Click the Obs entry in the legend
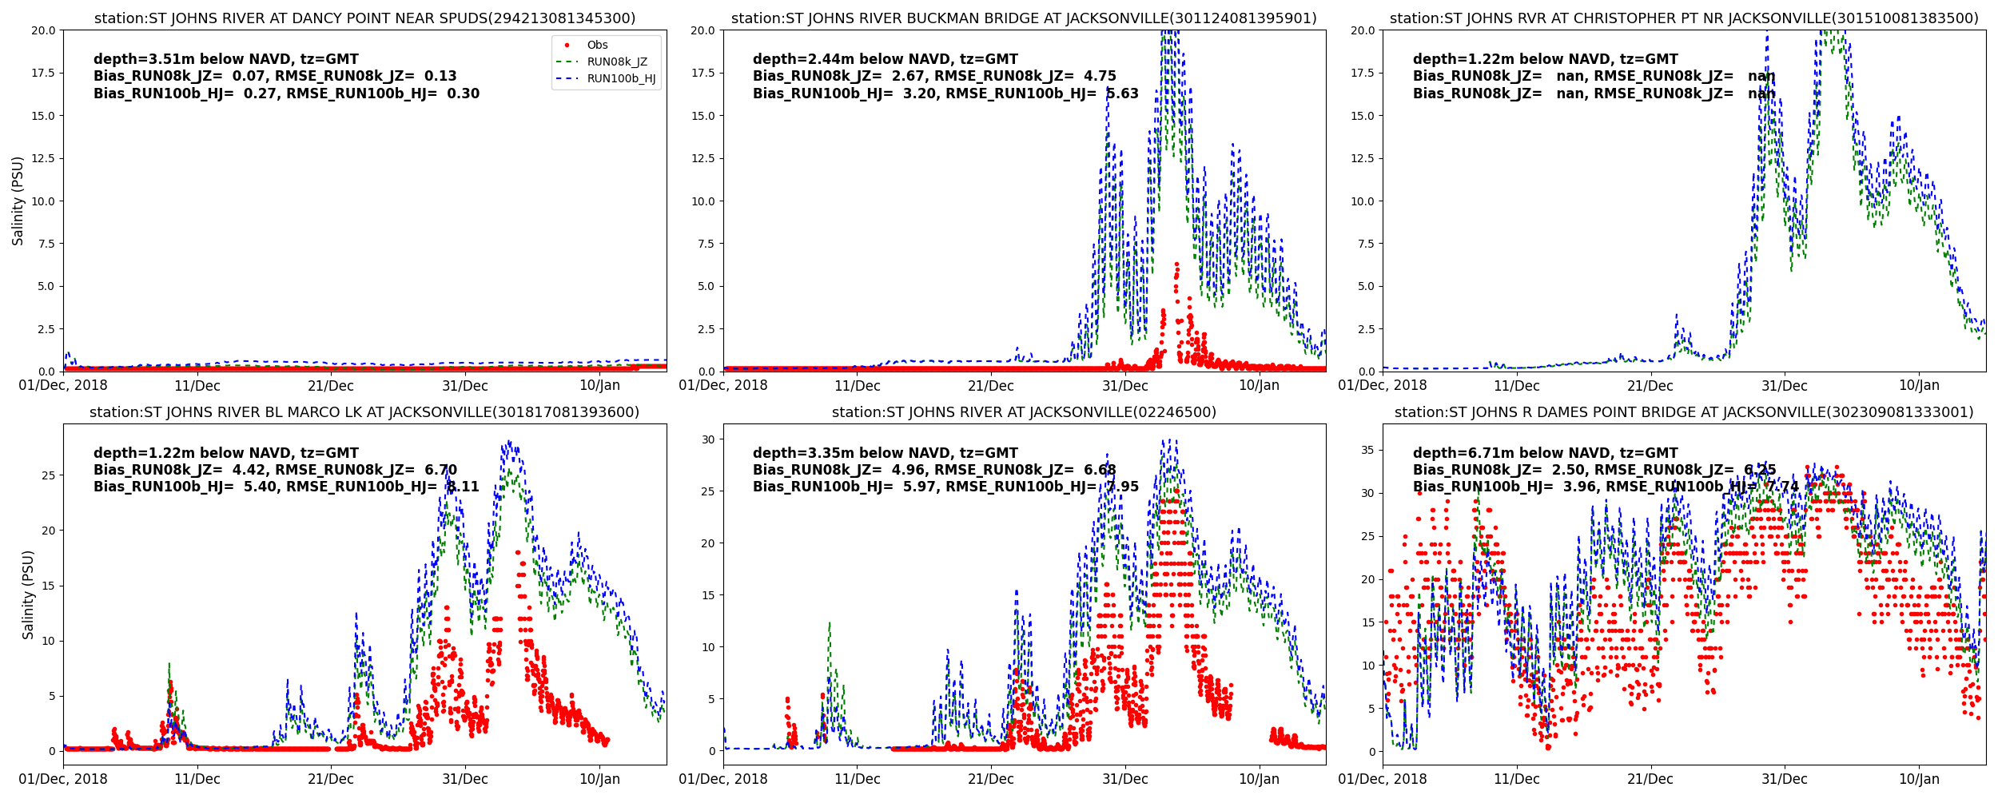596,46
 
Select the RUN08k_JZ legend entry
616,62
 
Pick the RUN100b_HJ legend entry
620,79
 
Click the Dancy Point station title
364,18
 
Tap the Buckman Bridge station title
1024,18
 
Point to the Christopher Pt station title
1684,18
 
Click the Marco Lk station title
364,412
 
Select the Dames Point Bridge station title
1684,412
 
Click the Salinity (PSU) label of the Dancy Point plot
18,201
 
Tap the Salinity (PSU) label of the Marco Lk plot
28,594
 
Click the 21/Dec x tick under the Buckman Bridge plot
991,386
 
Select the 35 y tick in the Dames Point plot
1367,451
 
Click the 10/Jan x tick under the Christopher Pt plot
1919,386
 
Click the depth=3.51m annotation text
226,59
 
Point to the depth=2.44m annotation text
886,59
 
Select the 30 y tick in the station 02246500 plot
707,439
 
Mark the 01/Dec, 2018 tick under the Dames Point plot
1383,780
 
